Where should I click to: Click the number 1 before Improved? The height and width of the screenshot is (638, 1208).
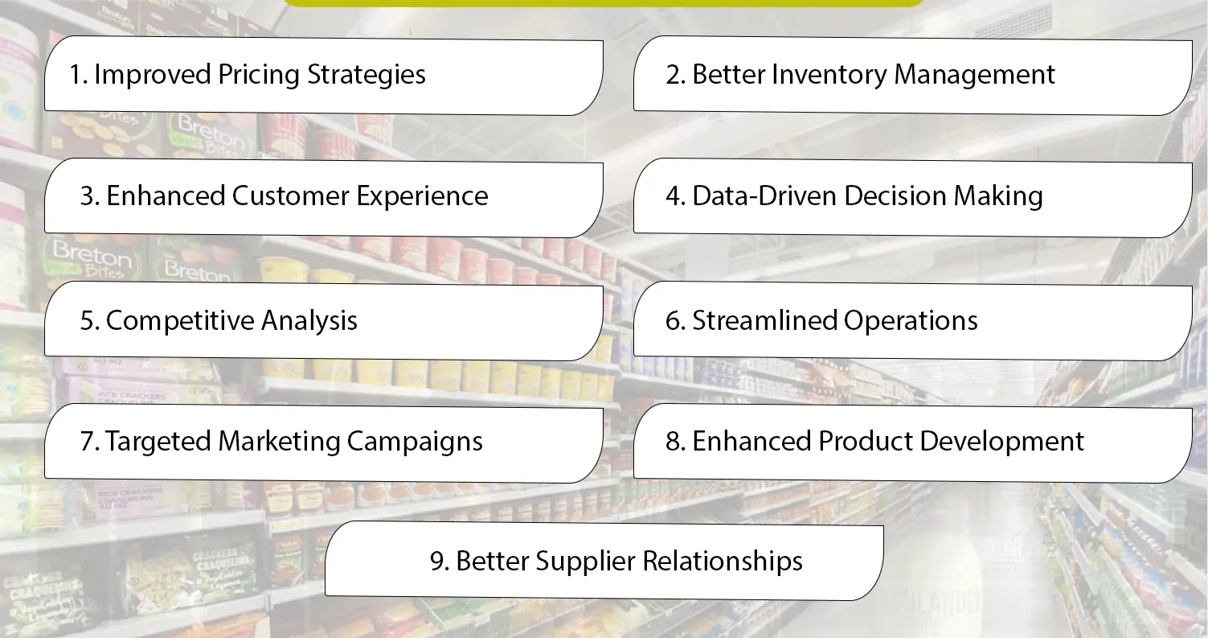pos(76,76)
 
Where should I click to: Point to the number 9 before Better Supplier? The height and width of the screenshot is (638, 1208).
pos(437,562)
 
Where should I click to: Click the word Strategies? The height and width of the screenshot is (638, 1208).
pos(369,76)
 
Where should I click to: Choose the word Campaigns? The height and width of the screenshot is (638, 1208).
pos(415,442)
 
